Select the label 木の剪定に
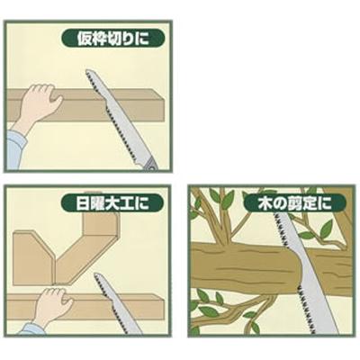coord(291,202)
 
